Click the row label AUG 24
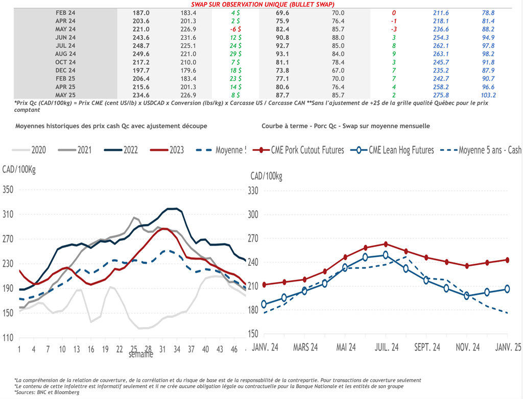[x=65, y=54]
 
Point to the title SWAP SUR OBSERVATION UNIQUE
[x=263, y=4]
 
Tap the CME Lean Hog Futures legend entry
[x=396, y=150]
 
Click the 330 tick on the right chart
[x=254, y=190]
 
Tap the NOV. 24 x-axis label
[x=466, y=348]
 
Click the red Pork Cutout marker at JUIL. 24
[x=386, y=244]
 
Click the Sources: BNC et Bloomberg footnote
[x=43, y=393]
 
